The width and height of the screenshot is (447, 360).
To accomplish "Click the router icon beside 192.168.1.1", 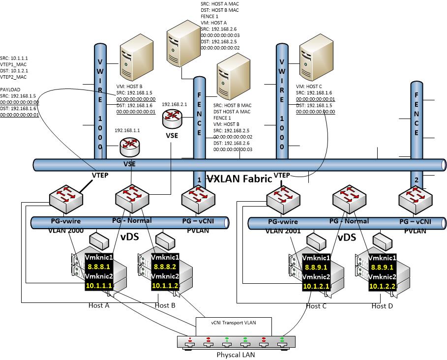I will [x=129, y=146].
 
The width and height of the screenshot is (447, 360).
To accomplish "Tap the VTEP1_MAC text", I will [x=14, y=64].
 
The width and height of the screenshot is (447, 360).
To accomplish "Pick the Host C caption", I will [x=316, y=306].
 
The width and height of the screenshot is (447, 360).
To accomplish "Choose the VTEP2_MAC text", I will [x=14, y=77].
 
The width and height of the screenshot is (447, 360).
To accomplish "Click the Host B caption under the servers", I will [x=166, y=305].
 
